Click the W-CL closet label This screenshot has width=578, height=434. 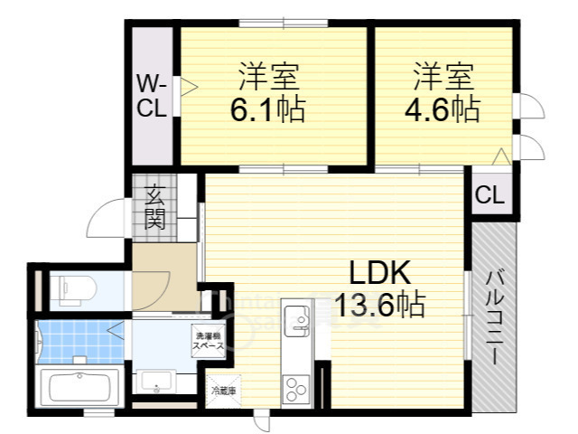click(151, 96)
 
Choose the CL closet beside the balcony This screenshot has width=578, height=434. click(490, 194)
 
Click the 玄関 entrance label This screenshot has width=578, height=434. click(155, 206)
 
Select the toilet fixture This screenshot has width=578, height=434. click(74, 288)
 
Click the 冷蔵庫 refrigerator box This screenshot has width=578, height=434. click(223, 391)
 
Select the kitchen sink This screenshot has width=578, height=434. click(296, 318)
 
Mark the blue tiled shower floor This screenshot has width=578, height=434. click(77, 340)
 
